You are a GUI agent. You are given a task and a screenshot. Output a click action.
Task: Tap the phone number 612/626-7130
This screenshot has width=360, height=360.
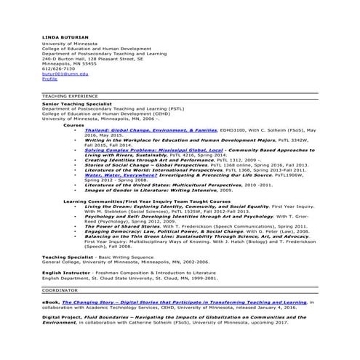coord(57,68)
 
